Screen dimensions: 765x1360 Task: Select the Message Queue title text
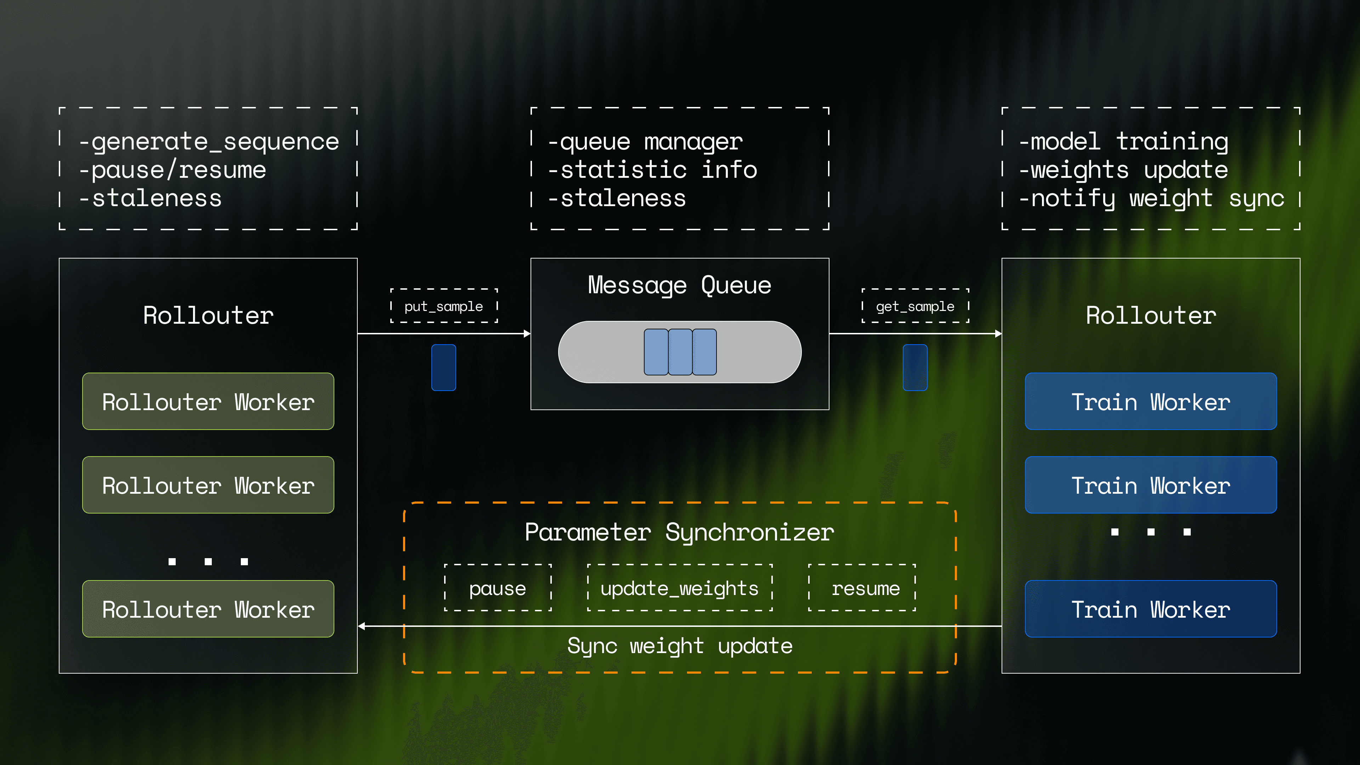coord(680,285)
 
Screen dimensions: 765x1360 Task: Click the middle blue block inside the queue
coord(680,352)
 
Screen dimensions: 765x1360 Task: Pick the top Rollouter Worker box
coord(208,402)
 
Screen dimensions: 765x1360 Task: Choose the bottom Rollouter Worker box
coord(208,609)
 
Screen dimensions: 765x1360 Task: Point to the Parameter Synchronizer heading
coord(680,532)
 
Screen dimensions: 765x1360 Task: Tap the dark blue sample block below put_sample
coord(443,368)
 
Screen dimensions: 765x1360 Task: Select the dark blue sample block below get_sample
coord(915,368)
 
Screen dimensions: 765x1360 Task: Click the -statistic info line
coord(652,170)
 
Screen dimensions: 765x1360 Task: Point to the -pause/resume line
coord(172,170)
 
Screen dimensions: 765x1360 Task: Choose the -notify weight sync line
coord(1151,198)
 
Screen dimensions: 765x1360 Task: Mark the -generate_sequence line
coord(209,142)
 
